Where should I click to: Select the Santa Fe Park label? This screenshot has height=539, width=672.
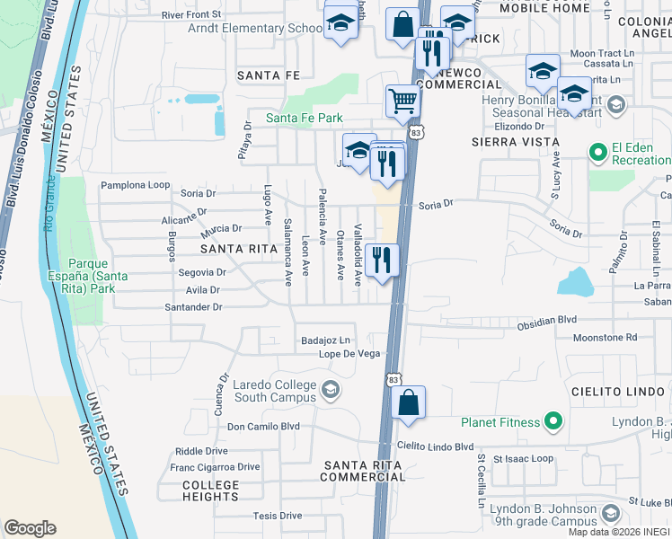(304, 118)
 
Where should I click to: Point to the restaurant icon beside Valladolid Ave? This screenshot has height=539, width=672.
(384, 261)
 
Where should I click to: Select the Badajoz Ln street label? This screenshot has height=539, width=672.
(325, 340)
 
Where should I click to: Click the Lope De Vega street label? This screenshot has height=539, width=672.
(350, 355)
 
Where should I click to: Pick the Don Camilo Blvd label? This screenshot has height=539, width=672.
(262, 427)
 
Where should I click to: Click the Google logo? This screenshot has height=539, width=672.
(30, 528)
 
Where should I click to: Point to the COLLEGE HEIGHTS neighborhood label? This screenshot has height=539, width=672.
(211, 490)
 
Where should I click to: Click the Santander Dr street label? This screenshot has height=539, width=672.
(192, 306)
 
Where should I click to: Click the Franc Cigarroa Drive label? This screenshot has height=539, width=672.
(215, 467)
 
